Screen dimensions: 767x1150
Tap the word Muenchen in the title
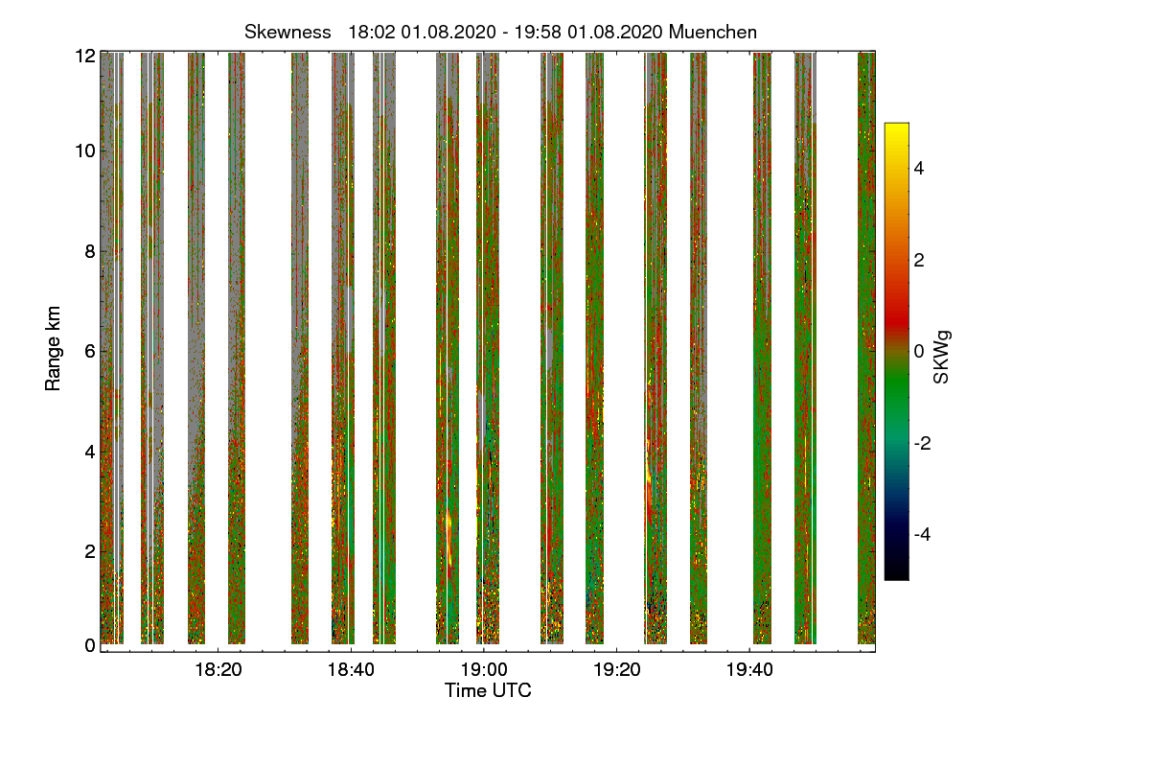[x=713, y=32]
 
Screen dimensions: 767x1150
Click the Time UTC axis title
[x=488, y=690]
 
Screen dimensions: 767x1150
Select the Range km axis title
[x=53, y=347]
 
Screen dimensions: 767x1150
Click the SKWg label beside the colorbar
[x=942, y=357]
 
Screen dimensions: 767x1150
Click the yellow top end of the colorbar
[x=896, y=128]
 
